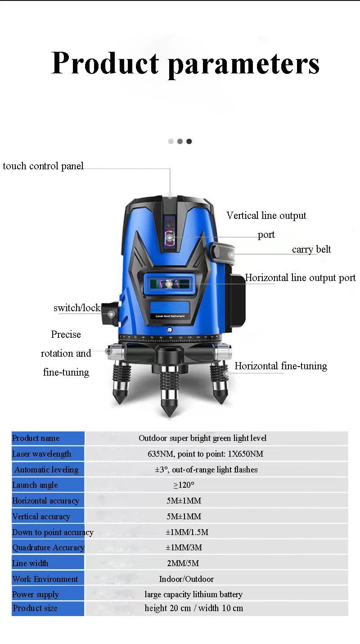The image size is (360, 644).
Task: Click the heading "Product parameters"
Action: (185, 64)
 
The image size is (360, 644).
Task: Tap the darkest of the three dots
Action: (189, 141)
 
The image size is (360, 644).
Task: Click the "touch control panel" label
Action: (43, 166)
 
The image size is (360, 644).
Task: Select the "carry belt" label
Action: (311, 249)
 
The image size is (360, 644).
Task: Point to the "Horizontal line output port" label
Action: (300, 278)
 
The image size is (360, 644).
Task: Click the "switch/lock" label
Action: (77, 308)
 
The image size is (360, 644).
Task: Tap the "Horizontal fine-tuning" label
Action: (281, 366)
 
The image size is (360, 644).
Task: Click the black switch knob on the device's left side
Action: (110, 313)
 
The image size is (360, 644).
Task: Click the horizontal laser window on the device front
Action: (170, 284)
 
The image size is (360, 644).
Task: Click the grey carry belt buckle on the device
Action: (223, 253)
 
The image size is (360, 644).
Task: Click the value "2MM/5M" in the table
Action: (183, 563)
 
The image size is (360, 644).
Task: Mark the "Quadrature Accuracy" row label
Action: (48, 548)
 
